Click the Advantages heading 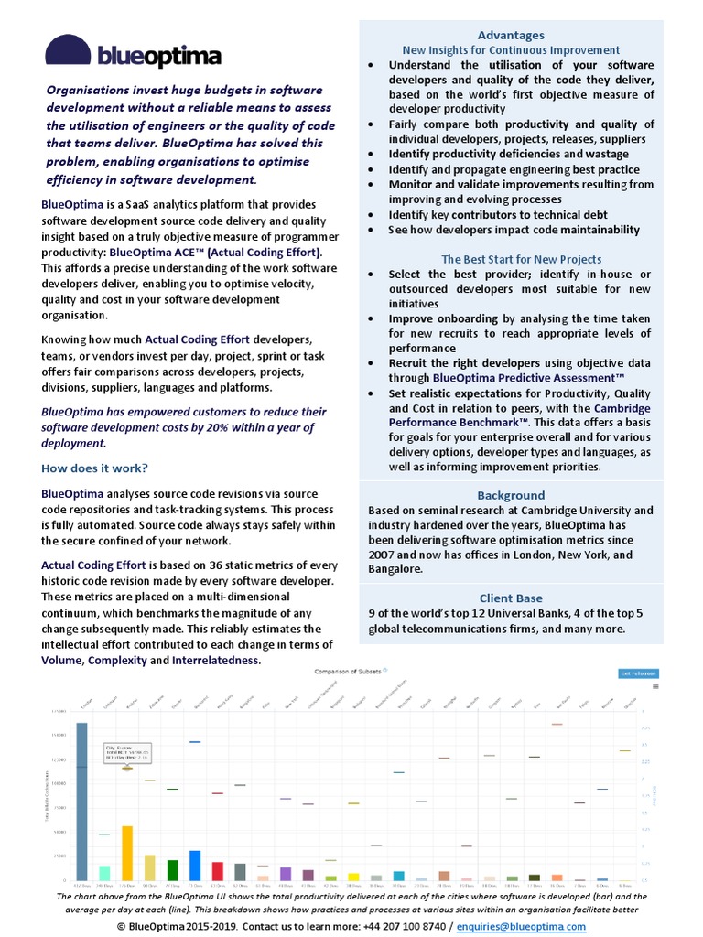[x=511, y=35]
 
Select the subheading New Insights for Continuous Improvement [x=511, y=50]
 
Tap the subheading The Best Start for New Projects [x=521, y=259]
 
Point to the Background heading [x=511, y=495]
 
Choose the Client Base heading [x=511, y=599]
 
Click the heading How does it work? [x=94, y=468]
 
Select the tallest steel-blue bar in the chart [x=81, y=801]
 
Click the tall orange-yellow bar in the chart [x=127, y=852]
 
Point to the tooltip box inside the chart [x=127, y=751]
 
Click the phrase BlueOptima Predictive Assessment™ [x=528, y=377]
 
